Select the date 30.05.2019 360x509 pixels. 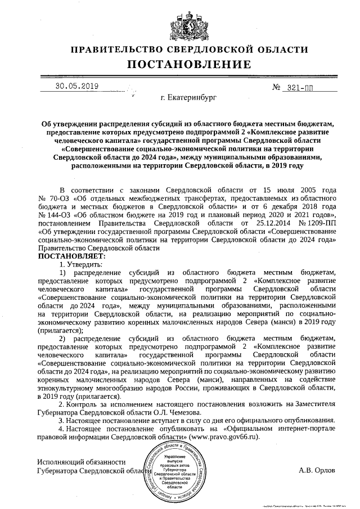[77, 86]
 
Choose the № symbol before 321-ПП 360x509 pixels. [276, 88]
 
